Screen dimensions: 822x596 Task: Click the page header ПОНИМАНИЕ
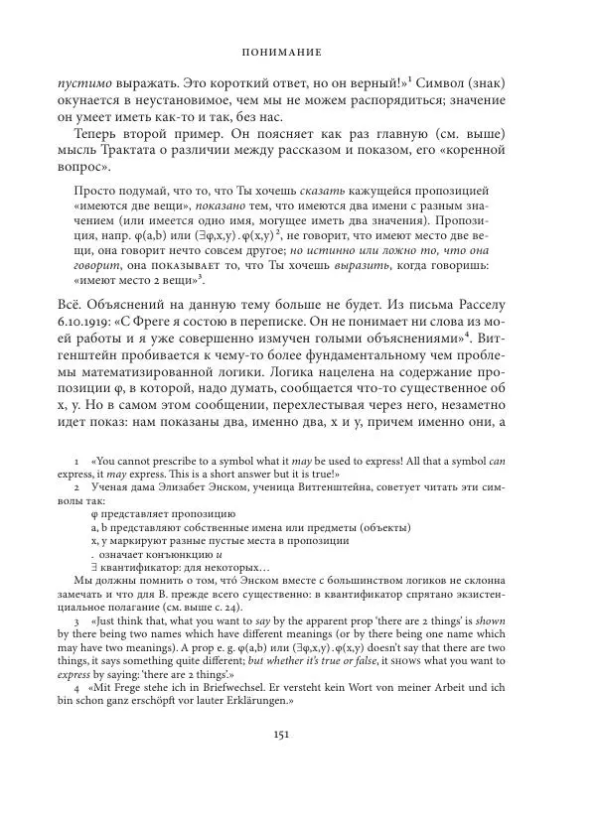coord(298,48)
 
